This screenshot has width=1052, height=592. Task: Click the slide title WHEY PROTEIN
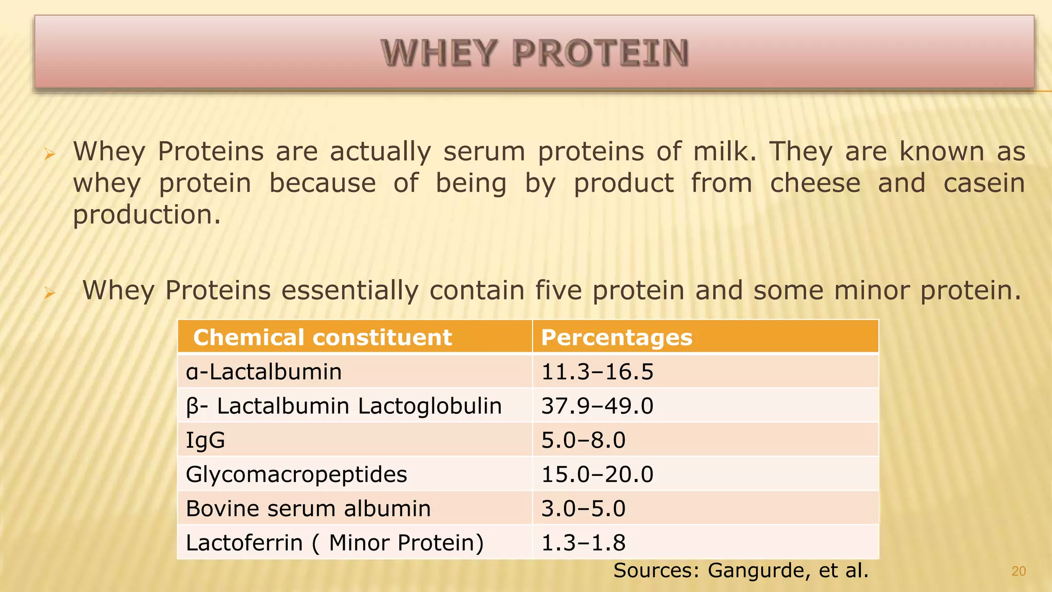pyautogui.click(x=534, y=53)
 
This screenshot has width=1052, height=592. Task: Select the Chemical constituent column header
pyautogui.click(x=322, y=338)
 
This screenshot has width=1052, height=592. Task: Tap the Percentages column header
pyautogui.click(x=616, y=338)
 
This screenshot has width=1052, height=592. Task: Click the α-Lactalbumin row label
pyautogui.click(x=264, y=372)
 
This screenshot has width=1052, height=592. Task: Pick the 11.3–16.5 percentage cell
pyautogui.click(x=597, y=372)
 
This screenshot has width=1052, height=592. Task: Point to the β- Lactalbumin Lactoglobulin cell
pyautogui.click(x=343, y=406)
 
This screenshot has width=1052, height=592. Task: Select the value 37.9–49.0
pyautogui.click(x=597, y=406)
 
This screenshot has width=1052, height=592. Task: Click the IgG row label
pyautogui.click(x=205, y=440)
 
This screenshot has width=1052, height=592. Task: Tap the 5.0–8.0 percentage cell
pyautogui.click(x=583, y=440)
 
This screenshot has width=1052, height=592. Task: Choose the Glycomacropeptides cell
pyautogui.click(x=296, y=474)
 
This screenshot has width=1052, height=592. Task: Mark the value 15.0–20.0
pyautogui.click(x=597, y=474)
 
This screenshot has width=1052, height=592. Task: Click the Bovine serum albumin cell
pyautogui.click(x=308, y=509)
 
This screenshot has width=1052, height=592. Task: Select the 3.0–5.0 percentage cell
pyautogui.click(x=583, y=509)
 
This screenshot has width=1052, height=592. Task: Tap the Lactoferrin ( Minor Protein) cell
pyautogui.click(x=334, y=543)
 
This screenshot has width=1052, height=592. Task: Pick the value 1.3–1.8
pyautogui.click(x=583, y=543)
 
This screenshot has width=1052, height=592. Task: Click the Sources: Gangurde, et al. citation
pyautogui.click(x=741, y=570)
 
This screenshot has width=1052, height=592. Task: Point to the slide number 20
pyautogui.click(x=1019, y=571)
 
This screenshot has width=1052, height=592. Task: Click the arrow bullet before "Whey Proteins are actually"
pyautogui.click(x=49, y=154)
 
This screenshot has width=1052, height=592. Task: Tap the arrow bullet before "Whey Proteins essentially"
pyautogui.click(x=49, y=293)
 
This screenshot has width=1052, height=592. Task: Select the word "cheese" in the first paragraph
pyautogui.click(x=815, y=183)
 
